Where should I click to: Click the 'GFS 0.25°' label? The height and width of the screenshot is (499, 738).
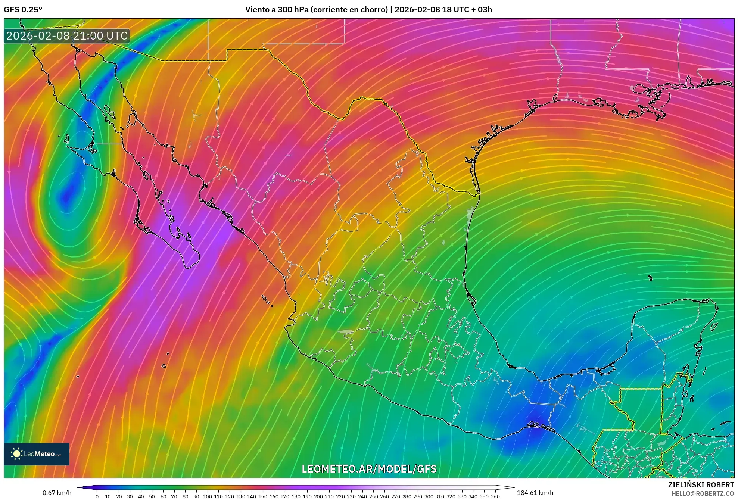(23, 10)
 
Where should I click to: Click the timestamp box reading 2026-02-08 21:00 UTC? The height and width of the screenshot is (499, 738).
(67, 36)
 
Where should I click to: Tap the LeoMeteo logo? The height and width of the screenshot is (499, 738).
(37, 454)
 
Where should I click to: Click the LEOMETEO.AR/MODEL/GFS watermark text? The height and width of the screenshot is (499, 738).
(369, 469)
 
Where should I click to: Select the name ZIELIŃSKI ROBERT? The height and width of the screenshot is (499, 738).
(701, 485)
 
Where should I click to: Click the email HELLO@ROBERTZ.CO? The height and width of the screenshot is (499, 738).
(703, 493)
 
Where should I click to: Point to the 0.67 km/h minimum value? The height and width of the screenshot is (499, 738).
(57, 493)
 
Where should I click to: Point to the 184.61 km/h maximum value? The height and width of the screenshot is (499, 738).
(535, 493)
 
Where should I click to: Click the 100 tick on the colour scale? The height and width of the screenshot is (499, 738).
(207, 496)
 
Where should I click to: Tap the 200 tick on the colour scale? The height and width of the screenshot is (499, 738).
(318, 496)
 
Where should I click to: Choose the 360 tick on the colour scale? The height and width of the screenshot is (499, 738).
(495, 496)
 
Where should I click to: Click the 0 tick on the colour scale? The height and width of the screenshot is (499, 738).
(97, 496)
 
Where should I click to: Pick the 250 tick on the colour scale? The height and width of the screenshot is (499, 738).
(373, 496)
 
